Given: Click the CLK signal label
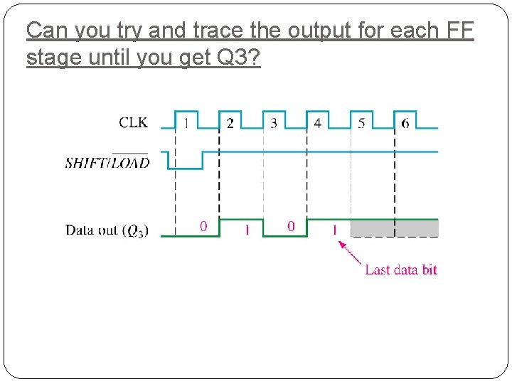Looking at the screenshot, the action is (134, 122).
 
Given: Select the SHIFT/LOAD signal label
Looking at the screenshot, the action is (107, 162).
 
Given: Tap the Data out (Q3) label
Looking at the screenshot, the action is (107, 230).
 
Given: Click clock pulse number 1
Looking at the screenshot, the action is (186, 123).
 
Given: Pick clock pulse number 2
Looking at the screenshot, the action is (230, 123).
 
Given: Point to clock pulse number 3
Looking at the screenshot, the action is (274, 123).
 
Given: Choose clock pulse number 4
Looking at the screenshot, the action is (317, 123).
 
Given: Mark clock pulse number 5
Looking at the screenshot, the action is (361, 123).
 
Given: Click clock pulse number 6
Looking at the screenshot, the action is (405, 123).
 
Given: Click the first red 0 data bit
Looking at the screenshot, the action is (203, 226).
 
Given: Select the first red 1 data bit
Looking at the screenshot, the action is (247, 230).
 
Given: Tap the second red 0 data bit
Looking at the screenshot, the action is (291, 226).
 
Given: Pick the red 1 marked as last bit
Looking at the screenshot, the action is (334, 230).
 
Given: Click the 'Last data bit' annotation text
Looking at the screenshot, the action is (400, 270).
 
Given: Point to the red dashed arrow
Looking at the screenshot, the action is (350, 252).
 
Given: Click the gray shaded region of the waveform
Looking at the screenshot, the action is (395, 228).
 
